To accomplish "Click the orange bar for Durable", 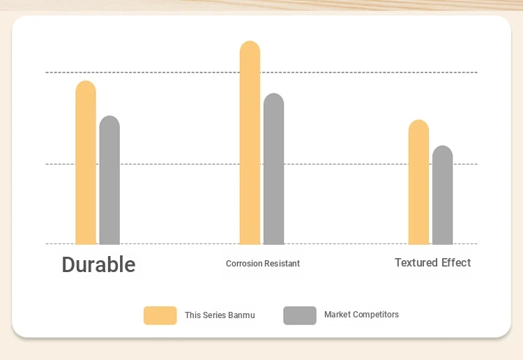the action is tap(86, 163).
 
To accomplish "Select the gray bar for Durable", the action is tap(109, 180).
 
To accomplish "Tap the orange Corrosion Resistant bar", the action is tap(250, 143).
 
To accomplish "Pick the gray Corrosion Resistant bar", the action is tap(273, 169).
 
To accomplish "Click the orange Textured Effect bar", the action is tap(418, 182).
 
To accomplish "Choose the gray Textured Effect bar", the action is tap(443, 195).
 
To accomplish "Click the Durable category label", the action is tap(99, 264).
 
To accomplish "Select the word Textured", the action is tap(416, 262).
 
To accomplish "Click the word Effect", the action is tap(456, 262).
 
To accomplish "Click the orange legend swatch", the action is tap(160, 315).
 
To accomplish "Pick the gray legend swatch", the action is tap(300, 315).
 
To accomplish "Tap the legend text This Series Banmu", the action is tap(220, 315).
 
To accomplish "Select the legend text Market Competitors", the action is tap(361, 314).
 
